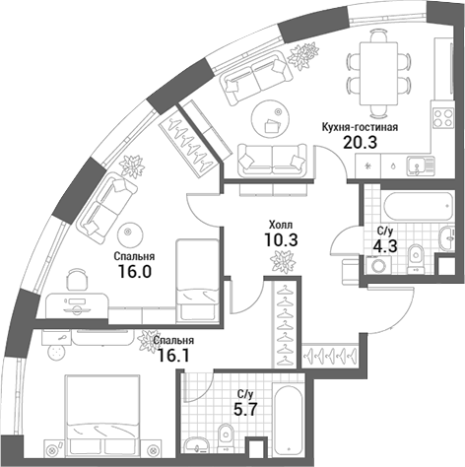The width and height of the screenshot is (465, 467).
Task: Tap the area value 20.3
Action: [358, 143]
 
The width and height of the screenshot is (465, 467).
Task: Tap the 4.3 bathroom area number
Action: [387, 247]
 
